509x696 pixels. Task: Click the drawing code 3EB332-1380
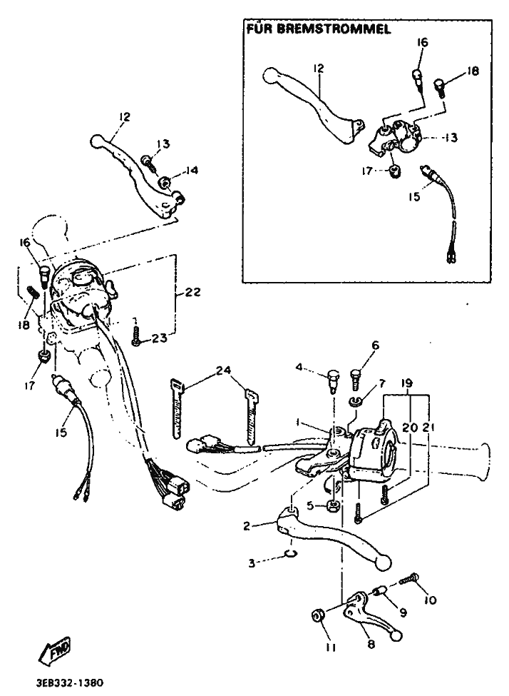click(68, 682)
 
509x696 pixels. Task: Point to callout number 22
click(192, 293)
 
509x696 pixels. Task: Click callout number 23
click(159, 338)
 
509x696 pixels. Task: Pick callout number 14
click(192, 170)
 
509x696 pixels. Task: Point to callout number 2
click(246, 526)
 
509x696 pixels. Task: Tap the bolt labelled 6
click(356, 376)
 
